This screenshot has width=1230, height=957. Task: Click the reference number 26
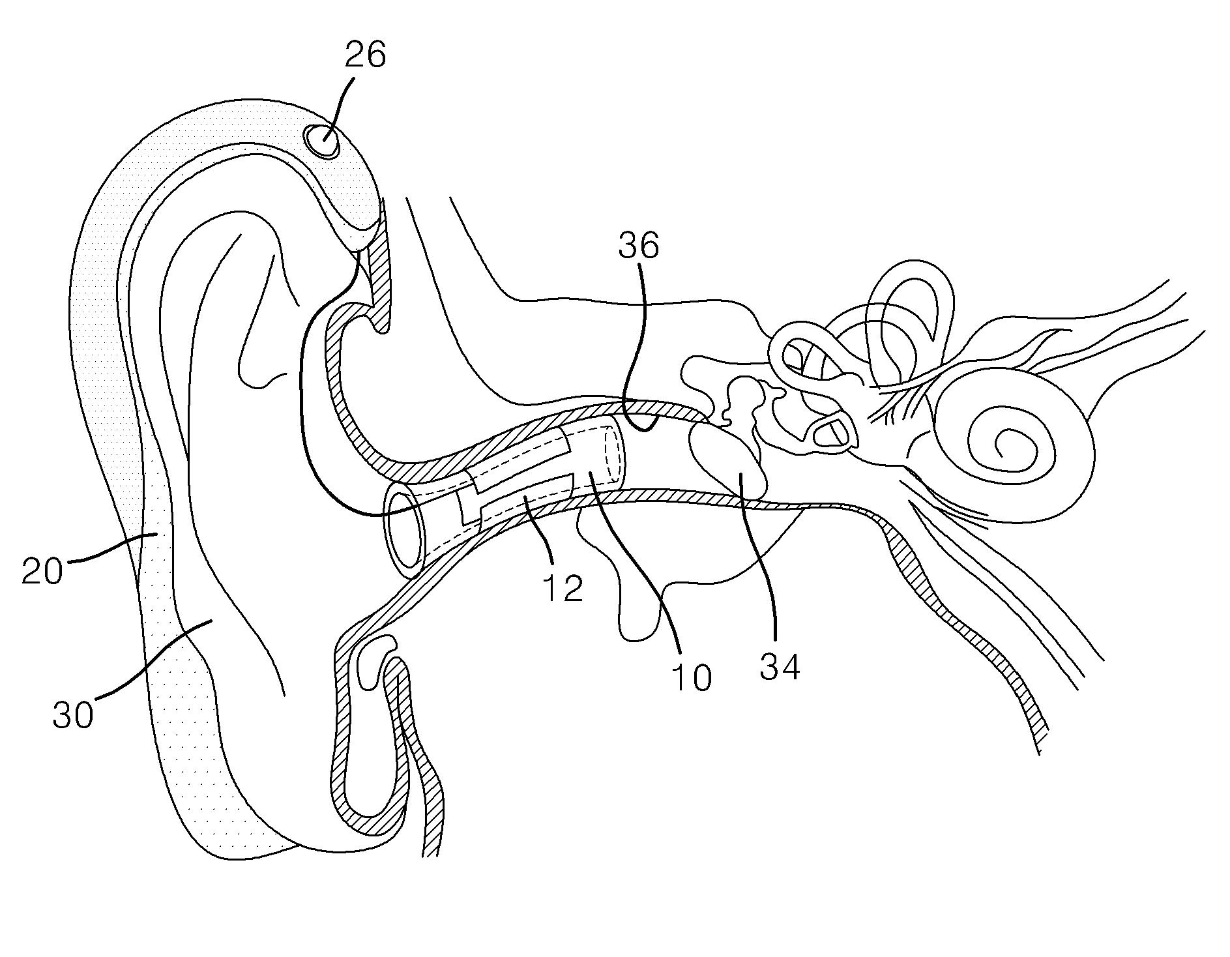365,55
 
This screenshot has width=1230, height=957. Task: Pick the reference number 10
692,678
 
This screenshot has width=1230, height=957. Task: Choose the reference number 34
780,666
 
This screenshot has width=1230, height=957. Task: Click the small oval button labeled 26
322,141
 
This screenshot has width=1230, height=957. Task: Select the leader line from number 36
642,346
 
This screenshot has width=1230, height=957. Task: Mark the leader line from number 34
759,561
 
